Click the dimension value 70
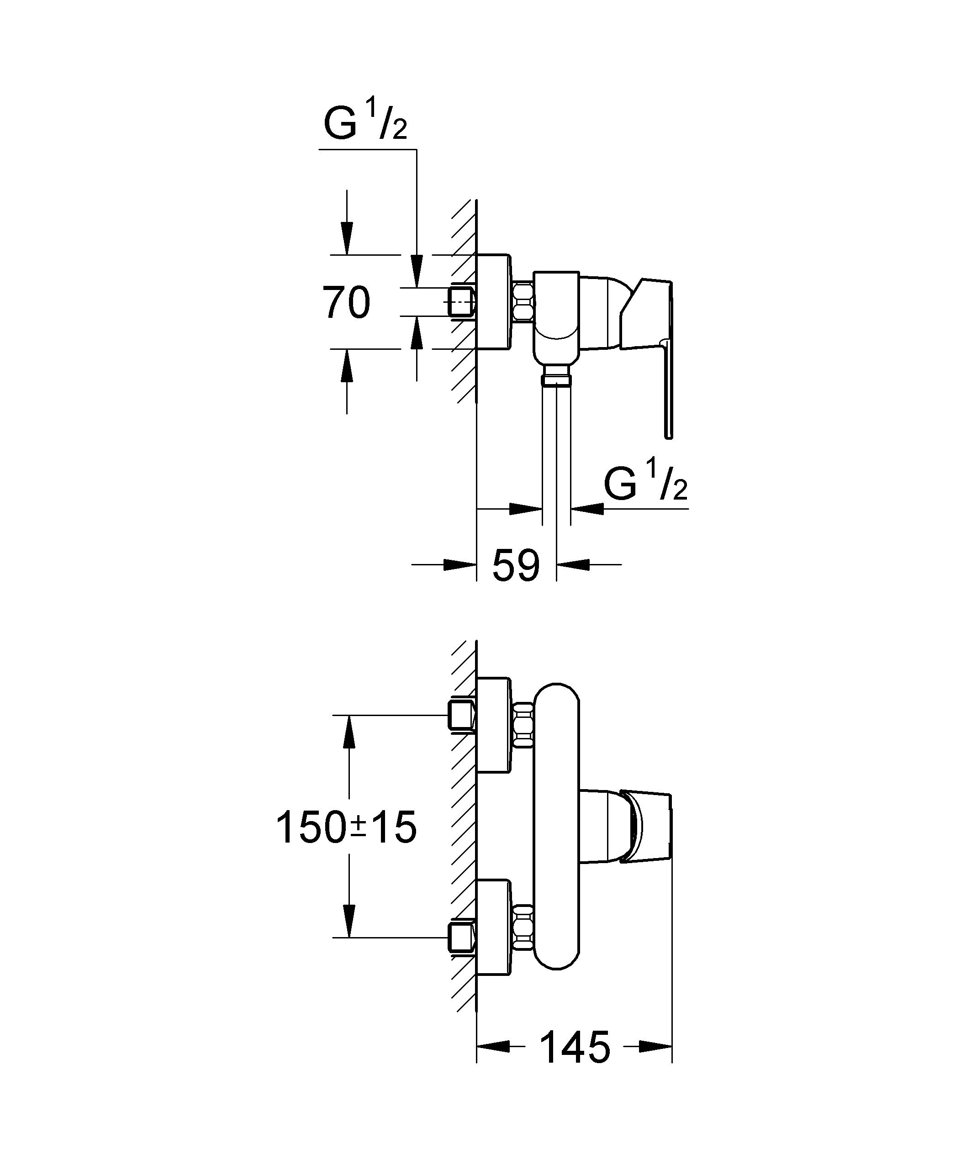[x=346, y=302]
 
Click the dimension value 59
[x=516, y=565]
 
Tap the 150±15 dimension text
[x=346, y=827]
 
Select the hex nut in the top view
[x=522, y=302]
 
